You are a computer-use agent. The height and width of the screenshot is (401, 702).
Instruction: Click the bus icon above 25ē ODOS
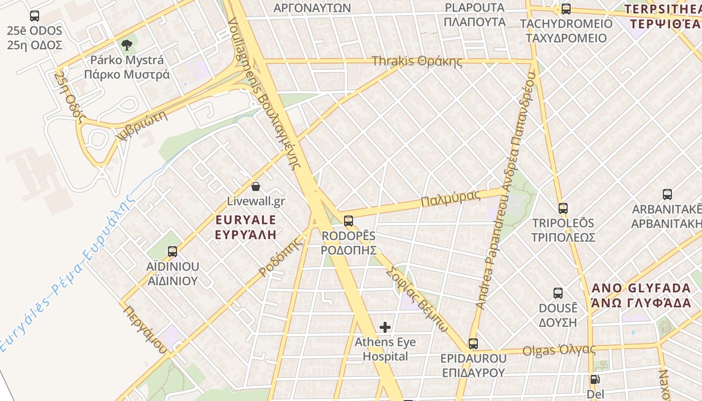pyautogui.click(x=34, y=16)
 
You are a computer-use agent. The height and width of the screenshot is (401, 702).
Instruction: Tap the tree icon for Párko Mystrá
pyautogui.click(x=127, y=45)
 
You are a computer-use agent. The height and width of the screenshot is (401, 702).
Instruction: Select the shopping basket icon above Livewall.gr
pyautogui.click(x=256, y=186)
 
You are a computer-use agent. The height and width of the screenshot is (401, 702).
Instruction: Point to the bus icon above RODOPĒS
pyautogui.click(x=348, y=221)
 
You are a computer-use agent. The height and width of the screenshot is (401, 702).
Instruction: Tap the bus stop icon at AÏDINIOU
pyautogui.click(x=172, y=251)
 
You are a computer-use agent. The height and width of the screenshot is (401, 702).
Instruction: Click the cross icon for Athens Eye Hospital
pyautogui.click(x=385, y=327)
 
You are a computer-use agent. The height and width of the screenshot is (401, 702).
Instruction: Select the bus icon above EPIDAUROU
pyautogui.click(x=473, y=343)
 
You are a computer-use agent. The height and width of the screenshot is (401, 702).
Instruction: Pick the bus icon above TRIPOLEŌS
pyautogui.click(x=563, y=208)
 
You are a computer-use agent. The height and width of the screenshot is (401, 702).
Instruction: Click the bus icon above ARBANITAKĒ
pyautogui.click(x=667, y=194)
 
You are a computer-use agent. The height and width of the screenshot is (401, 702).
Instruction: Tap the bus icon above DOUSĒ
pyautogui.click(x=558, y=293)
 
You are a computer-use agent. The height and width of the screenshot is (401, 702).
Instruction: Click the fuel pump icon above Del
pyautogui.click(x=594, y=379)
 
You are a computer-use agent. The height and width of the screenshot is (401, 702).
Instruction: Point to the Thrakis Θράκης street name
pyautogui.click(x=417, y=61)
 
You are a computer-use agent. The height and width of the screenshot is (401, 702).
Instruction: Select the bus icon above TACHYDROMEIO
pyautogui.click(x=566, y=9)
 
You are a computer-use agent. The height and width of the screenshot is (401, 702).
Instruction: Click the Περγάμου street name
pyautogui.click(x=145, y=329)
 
